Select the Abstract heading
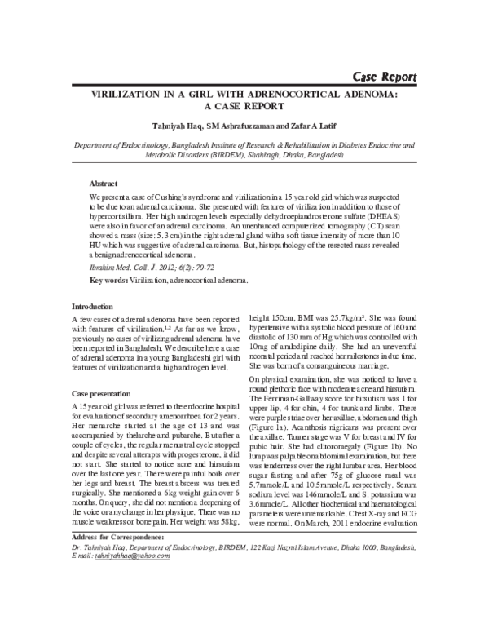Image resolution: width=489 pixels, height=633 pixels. click(103, 184)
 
